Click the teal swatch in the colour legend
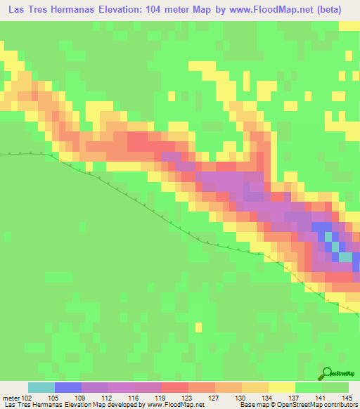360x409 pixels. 41,388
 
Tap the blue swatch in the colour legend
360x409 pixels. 68,388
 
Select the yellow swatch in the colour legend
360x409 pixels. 282,388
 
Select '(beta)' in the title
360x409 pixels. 339,8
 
